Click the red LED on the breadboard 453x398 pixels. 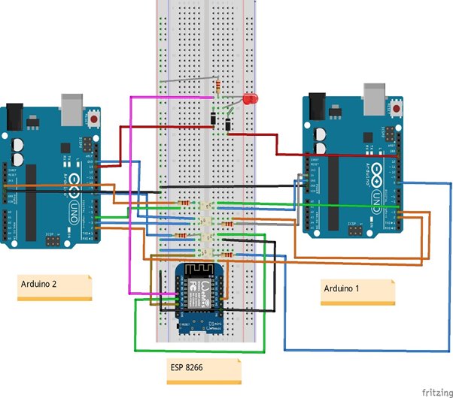(x=249, y=99)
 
